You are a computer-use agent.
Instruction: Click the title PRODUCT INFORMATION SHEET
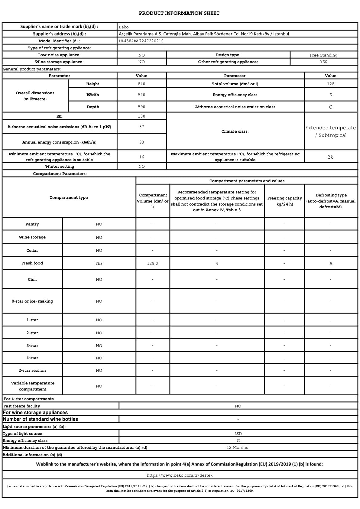click(x=179, y=13)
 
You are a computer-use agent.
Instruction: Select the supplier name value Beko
click(x=124, y=27)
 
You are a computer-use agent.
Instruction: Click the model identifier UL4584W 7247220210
click(x=141, y=41)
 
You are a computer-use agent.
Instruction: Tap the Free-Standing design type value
click(x=323, y=55)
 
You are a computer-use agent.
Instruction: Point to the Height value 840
click(x=141, y=84)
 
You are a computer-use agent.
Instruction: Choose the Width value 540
click(x=141, y=95)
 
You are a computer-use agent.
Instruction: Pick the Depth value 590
click(x=141, y=107)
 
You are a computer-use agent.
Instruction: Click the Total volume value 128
click(x=330, y=84)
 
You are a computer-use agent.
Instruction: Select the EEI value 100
click(x=141, y=116)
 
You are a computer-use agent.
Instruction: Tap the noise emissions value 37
click(x=141, y=127)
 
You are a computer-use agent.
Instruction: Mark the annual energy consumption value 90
click(x=141, y=142)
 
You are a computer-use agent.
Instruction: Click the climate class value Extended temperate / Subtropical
click(x=330, y=131)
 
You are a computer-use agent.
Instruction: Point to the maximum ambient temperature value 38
click(x=330, y=157)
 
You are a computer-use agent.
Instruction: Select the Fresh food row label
click(x=32, y=263)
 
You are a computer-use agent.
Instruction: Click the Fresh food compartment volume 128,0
click(x=152, y=263)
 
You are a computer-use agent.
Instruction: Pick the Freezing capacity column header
click(x=284, y=201)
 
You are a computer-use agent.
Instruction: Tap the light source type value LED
click(x=238, y=433)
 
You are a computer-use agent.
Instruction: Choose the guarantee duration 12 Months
click(x=237, y=447)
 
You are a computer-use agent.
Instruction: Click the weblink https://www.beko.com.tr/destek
click(x=180, y=475)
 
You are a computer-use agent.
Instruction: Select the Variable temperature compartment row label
click(x=33, y=386)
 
